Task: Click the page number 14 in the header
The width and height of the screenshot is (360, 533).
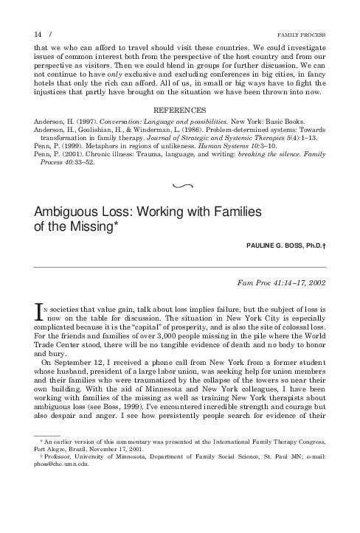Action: tap(38, 35)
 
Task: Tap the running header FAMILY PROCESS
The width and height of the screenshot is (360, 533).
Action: tap(301, 35)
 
